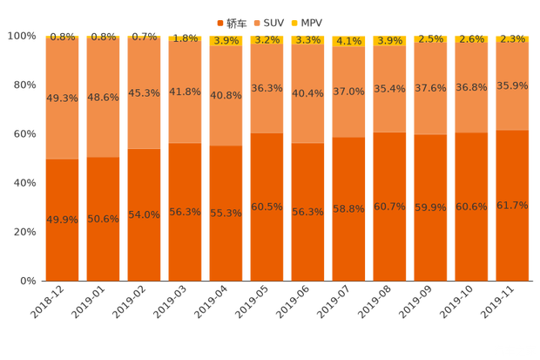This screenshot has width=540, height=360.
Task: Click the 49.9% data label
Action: click(62, 219)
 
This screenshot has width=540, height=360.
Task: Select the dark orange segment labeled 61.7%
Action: click(512, 235)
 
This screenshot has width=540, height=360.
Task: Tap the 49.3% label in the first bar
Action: click(62, 98)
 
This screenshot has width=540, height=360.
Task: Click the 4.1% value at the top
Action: click(348, 40)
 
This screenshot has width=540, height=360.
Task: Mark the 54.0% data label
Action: click(144, 214)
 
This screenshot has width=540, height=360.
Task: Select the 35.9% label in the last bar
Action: click(512, 85)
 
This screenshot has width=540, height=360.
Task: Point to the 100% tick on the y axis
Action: click(22, 37)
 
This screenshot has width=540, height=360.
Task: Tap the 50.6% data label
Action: click(103, 219)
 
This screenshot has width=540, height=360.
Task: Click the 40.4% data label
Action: click(307, 93)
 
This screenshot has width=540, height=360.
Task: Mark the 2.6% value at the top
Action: click(471, 39)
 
